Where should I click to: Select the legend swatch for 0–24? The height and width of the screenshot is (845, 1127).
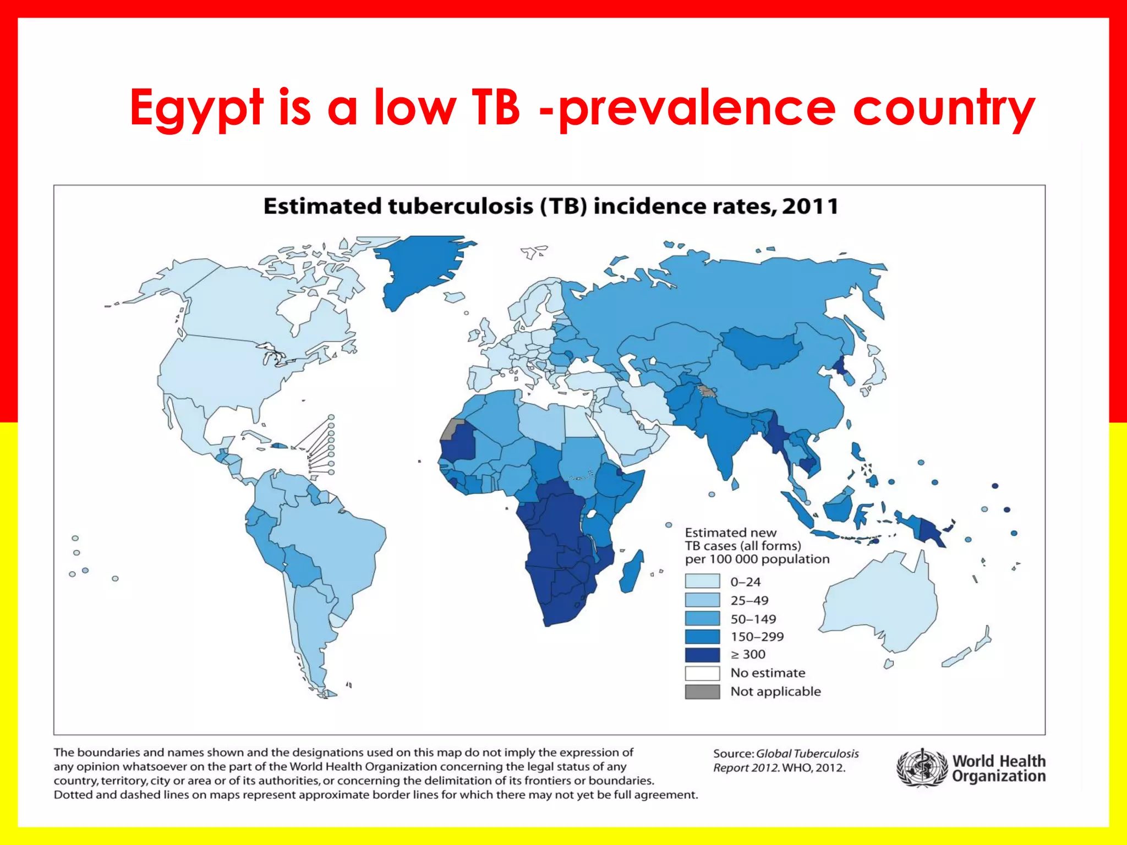pyautogui.click(x=702, y=581)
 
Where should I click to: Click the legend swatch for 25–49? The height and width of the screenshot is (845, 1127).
pyautogui.click(x=702, y=600)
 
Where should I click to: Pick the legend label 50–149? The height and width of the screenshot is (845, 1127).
pyautogui.click(x=753, y=619)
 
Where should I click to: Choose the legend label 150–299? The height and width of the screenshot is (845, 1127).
pyautogui.click(x=757, y=637)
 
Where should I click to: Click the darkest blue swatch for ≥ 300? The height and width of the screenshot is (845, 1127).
pyautogui.click(x=702, y=655)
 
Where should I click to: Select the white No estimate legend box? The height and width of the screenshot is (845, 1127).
pyautogui.click(x=702, y=673)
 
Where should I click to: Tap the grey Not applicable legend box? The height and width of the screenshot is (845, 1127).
pyautogui.click(x=702, y=692)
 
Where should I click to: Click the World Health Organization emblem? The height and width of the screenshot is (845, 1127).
pyautogui.click(x=922, y=768)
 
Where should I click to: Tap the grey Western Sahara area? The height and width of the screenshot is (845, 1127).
pyautogui.click(x=453, y=429)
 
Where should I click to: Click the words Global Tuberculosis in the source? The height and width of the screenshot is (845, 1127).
pyautogui.click(x=807, y=754)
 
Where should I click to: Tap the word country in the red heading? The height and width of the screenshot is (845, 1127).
pyautogui.click(x=943, y=108)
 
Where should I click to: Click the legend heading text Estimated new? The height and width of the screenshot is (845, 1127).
pyautogui.click(x=730, y=533)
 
